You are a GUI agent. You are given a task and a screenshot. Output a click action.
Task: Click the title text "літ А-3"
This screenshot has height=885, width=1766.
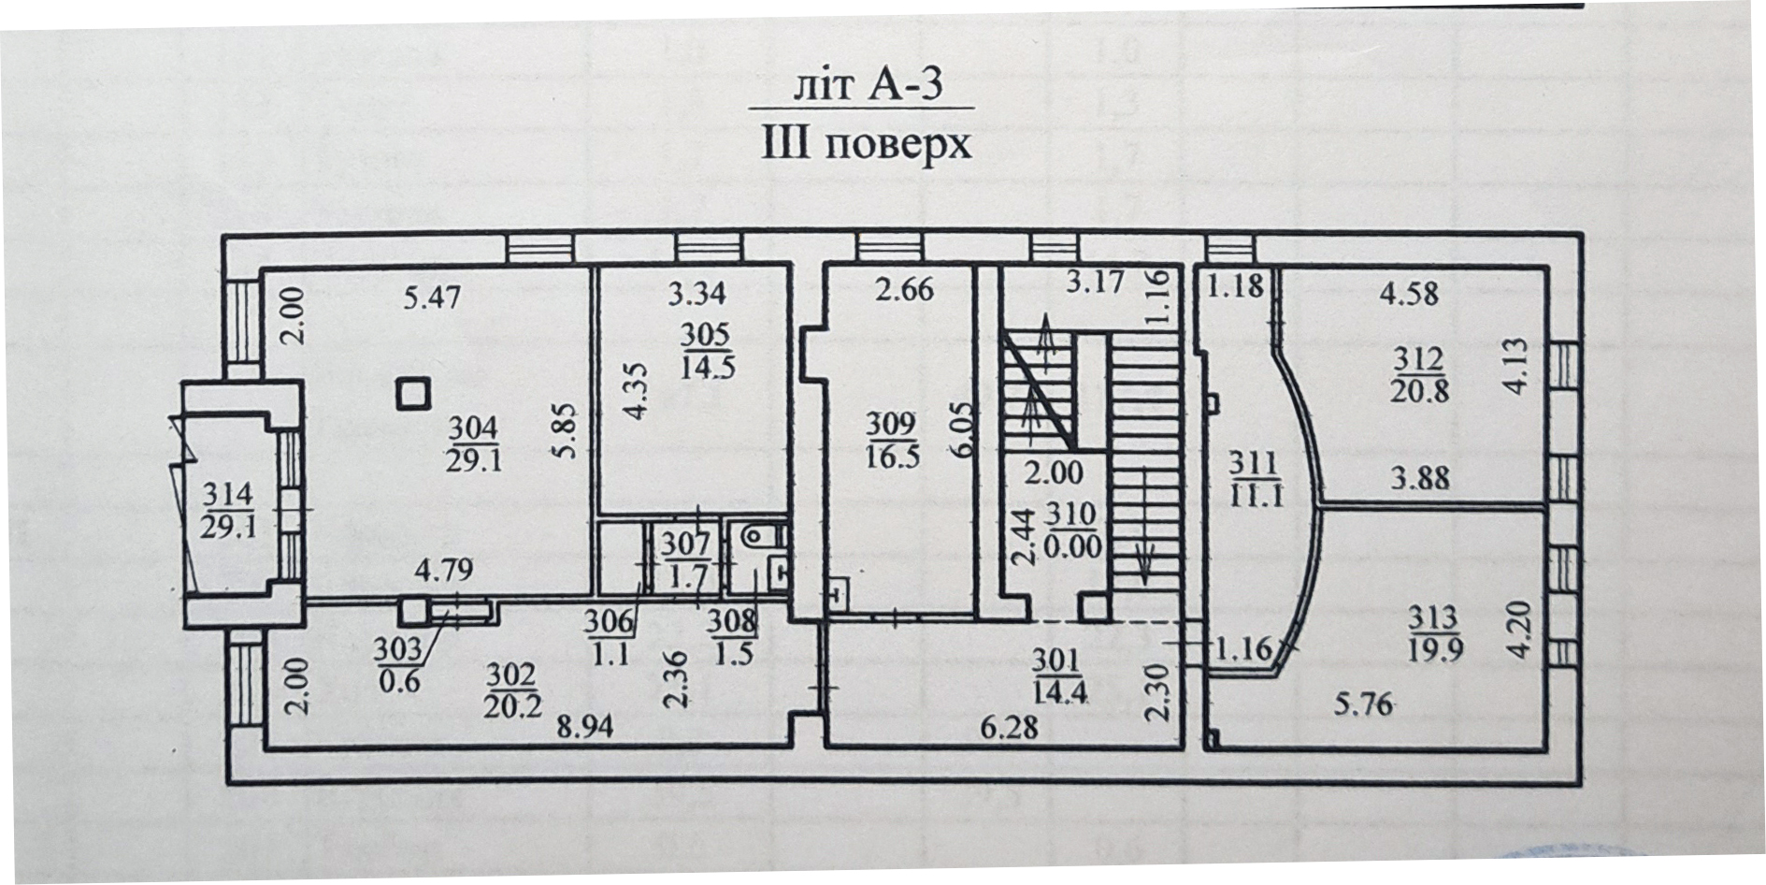pos(868,86)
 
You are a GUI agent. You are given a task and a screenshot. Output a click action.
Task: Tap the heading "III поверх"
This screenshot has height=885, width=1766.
pos(867,145)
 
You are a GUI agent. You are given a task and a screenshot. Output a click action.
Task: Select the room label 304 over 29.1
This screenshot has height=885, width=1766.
pos(473,444)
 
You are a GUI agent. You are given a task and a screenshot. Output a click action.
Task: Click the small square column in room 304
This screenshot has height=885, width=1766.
pos(413,394)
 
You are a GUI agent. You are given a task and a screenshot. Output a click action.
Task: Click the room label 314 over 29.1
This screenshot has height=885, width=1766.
pos(226,510)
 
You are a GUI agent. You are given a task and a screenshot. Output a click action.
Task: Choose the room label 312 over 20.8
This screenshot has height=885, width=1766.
pos(1419,373)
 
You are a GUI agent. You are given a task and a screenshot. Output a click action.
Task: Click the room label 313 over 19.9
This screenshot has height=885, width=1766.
pos(1434,633)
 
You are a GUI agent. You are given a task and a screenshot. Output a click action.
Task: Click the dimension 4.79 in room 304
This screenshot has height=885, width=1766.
pos(444,569)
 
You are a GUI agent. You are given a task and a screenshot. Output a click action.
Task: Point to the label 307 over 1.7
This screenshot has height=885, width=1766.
pos(688,559)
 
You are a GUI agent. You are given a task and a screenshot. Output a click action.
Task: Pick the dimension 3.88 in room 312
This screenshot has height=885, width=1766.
pos(1419,478)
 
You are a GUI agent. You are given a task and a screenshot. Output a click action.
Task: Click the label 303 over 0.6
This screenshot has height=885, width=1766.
pos(398,664)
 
